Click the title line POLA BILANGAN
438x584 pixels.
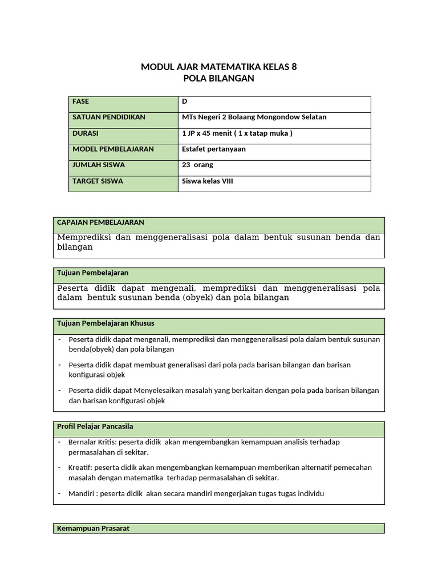point(218,79)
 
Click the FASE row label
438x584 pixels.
point(82,102)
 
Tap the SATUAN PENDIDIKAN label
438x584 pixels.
point(109,117)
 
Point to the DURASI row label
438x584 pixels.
point(86,133)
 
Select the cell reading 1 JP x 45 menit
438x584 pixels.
point(236,133)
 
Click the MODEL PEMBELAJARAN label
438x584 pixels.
point(113,149)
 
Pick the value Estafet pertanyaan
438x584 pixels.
point(213,149)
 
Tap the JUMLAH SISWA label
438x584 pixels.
point(99,165)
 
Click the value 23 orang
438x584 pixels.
point(197,165)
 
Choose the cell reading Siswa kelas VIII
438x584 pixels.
point(208,181)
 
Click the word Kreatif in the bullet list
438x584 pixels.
point(80,468)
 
